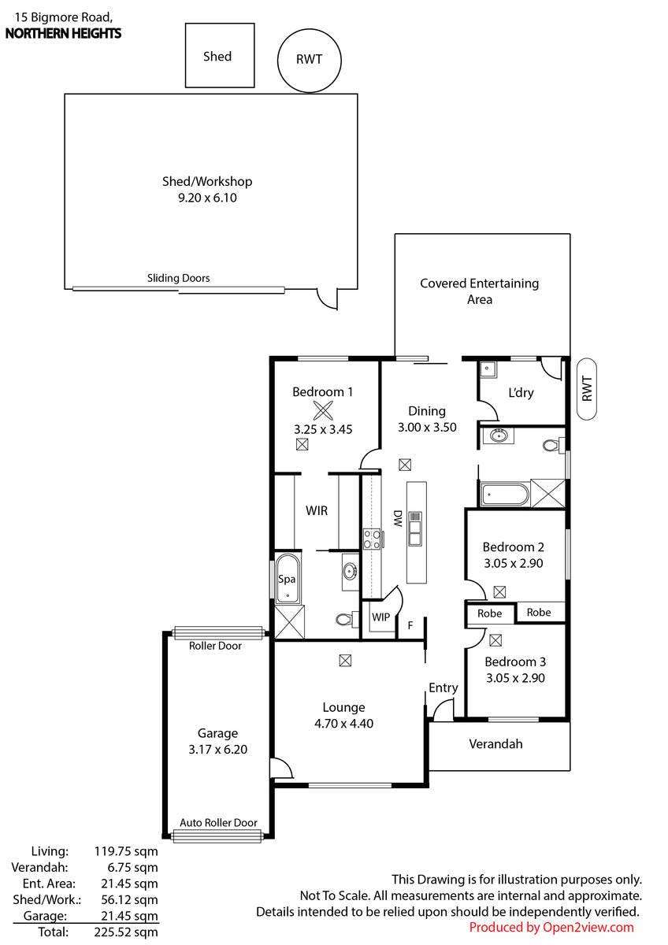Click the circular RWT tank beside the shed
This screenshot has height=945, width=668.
pyautogui.click(x=309, y=61)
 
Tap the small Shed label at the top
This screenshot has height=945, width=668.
pyautogui.click(x=217, y=57)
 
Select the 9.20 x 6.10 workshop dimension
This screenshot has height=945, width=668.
pyautogui.click(x=207, y=198)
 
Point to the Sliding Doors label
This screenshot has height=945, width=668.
pyautogui.click(x=178, y=278)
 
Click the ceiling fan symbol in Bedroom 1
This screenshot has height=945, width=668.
pyautogui.click(x=323, y=410)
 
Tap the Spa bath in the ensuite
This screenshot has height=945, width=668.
pyautogui.click(x=288, y=579)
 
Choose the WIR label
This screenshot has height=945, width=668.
pyautogui.click(x=317, y=511)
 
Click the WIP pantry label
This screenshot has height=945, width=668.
pyautogui.click(x=380, y=617)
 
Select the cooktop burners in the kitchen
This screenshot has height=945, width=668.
pyautogui.click(x=373, y=539)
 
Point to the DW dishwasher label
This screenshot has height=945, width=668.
pyautogui.click(x=398, y=518)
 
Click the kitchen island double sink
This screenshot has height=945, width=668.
pyautogui.click(x=415, y=528)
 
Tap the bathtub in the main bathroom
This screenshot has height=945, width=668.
pyautogui.click(x=504, y=494)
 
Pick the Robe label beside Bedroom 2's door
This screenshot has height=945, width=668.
pyautogui.click(x=489, y=613)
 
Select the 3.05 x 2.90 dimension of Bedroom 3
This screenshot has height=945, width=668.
pyautogui.click(x=515, y=678)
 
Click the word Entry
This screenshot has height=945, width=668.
pyautogui.click(x=443, y=688)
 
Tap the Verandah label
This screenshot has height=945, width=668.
pyautogui.click(x=495, y=743)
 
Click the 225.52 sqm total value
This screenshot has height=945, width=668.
pyautogui.click(x=126, y=932)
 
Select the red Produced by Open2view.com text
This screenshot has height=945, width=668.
pyautogui.click(x=551, y=928)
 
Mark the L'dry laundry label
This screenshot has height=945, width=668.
pyautogui.click(x=521, y=393)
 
